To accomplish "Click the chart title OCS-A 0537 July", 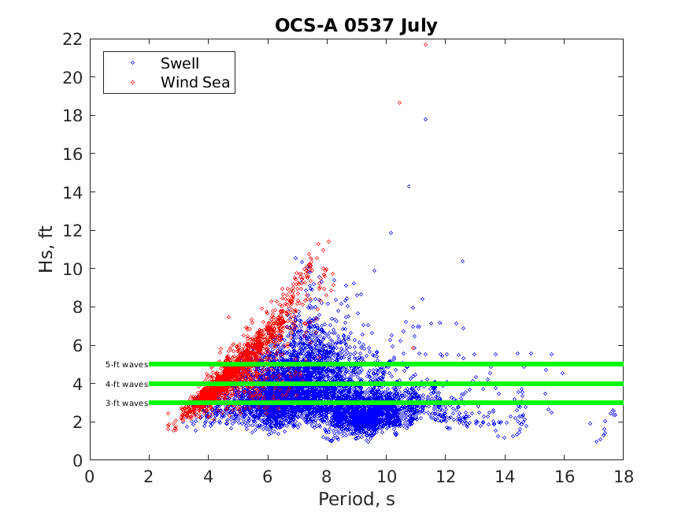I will coord(356,25).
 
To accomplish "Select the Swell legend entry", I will coord(180,63).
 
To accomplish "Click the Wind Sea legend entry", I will coord(194,82).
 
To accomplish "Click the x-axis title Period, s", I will coord(356,500).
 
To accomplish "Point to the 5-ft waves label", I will coord(126,365).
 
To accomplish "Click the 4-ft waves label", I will coord(126,385).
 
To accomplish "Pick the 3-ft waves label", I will coord(126,404).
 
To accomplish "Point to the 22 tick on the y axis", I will coord(74,39).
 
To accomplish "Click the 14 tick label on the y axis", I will coord(74,192).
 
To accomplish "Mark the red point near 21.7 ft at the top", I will coord(425,44).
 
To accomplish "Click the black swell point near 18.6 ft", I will coord(399,103).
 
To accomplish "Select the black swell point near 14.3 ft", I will coord(409,187).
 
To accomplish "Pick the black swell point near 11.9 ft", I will coord(391,232).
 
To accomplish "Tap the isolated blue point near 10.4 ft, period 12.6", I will coord(462,261).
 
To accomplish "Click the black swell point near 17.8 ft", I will coord(425,119).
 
